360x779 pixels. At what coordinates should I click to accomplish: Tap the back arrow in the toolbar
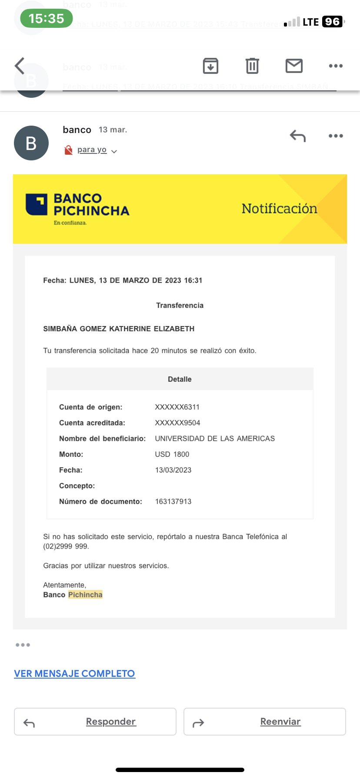pyautogui.click(x=20, y=66)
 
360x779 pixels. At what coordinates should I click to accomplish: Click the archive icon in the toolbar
pyautogui.click(x=210, y=66)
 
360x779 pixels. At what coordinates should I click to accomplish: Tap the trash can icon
pyautogui.click(x=252, y=66)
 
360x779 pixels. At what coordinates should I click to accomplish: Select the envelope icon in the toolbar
pyautogui.click(x=294, y=66)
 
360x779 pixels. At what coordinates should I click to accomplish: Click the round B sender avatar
pyautogui.click(x=31, y=143)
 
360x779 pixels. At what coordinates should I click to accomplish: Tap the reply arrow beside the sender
pyautogui.click(x=298, y=136)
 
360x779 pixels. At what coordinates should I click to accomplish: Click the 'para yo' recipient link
pyautogui.click(x=92, y=150)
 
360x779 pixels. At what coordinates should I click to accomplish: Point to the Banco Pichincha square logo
pyautogui.click(x=37, y=204)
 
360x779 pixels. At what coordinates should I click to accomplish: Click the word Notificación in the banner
pyautogui.click(x=279, y=209)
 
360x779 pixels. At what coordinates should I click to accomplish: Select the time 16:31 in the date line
pyautogui.click(x=193, y=280)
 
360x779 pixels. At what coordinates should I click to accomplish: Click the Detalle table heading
pyautogui.click(x=180, y=379)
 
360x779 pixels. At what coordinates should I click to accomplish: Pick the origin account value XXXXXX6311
pyautogui.click(x=177, y=407)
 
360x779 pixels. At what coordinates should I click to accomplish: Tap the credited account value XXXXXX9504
pyautogui.click(x=177, y=423)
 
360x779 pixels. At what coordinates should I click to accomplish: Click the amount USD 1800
pyautogui.click(x=172, y=454)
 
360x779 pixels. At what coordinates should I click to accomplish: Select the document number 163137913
pyautogui.click(x=173, y=502)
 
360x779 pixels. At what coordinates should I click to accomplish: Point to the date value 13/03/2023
pyautogui.click(x=173, y=470)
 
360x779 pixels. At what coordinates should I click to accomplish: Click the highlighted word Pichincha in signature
pyautogui.click(x=85, y=595)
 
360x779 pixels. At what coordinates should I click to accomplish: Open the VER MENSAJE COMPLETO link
pyautogui.click(x=74, y=674)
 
